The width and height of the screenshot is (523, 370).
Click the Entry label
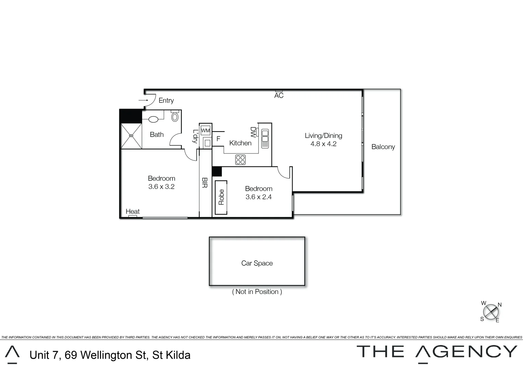166,100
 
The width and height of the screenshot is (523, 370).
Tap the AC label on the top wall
279,96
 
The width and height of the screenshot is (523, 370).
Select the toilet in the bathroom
175,116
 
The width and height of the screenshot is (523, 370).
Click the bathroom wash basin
153,119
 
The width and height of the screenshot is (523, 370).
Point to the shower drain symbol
131,136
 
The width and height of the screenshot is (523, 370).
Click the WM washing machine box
206,131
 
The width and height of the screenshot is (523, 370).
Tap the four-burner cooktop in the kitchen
240,160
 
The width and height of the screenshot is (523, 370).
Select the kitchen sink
265,138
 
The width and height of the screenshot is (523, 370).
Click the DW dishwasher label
253,132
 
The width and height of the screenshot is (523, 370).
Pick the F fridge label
218,139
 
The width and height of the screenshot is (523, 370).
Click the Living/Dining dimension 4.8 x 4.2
323,144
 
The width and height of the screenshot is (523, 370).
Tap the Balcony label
383,147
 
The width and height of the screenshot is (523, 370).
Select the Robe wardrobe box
221,197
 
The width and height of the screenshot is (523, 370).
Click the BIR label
204,183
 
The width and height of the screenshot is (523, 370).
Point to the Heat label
133,211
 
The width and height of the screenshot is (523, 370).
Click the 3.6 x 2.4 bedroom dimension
259,197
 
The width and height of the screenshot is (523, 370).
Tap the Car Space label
257,263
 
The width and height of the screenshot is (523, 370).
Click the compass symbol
490,312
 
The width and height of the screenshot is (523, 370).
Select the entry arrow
143,100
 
